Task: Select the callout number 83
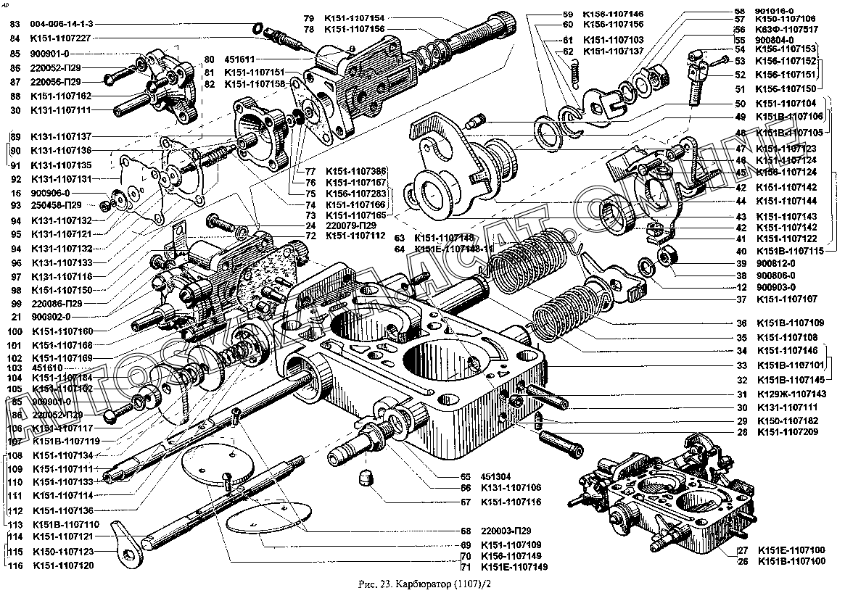click(15, 24)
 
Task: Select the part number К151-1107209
click(791, 433)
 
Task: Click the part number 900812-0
click(775, 263)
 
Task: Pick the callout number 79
click(309, 17)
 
